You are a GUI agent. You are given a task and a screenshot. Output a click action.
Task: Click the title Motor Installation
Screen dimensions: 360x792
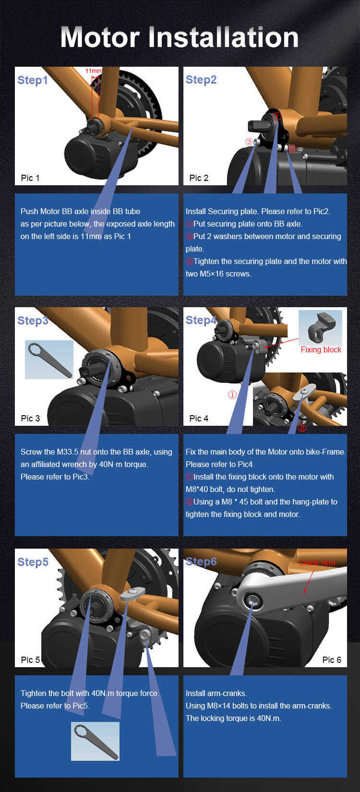180,37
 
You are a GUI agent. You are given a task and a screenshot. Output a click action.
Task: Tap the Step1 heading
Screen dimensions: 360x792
33,80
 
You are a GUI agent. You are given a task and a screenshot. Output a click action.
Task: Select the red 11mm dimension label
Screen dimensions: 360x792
93,71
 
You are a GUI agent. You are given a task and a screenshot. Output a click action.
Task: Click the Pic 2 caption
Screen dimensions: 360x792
199,178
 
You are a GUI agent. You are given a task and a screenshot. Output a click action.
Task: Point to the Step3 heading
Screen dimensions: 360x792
33,321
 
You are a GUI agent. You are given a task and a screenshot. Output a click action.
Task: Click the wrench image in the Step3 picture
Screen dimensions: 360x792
49,360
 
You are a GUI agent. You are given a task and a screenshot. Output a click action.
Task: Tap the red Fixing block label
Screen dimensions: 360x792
321,350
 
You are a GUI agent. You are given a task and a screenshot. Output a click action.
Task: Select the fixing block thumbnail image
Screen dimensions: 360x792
320,328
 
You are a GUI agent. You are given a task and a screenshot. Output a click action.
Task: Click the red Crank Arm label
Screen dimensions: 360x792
316,563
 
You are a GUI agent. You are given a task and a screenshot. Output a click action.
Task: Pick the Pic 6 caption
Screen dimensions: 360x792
332,660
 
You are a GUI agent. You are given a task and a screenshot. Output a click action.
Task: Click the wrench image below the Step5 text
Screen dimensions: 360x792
95,741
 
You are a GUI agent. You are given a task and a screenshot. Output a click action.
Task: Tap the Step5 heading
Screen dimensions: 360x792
33,562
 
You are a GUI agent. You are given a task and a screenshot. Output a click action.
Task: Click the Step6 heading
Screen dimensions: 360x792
201,562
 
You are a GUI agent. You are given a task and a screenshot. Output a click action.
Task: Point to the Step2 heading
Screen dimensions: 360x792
201,80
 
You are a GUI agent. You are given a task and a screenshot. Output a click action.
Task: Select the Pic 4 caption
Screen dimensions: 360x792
199,418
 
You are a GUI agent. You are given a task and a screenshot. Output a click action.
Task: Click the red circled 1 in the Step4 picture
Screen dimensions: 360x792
232,395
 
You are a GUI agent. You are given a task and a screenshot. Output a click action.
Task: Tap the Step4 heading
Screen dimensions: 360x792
201,320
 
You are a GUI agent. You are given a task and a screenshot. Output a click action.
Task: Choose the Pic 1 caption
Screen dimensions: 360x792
30,178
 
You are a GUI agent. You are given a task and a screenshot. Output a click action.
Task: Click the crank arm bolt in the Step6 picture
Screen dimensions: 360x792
252,600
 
